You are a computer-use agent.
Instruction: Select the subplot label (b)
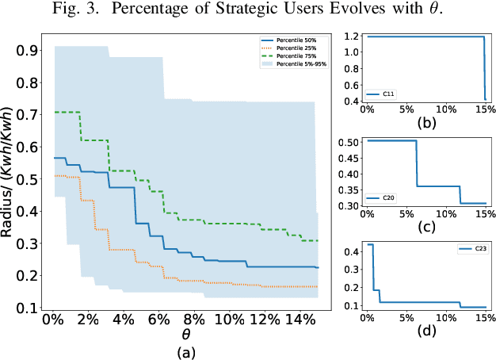pyautogui.click(x=429, y=124)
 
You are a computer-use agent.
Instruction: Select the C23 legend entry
pyautogui.click(x=472, y=250)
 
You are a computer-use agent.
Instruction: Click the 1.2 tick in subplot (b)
pyautogui.click(x=349, y=36)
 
